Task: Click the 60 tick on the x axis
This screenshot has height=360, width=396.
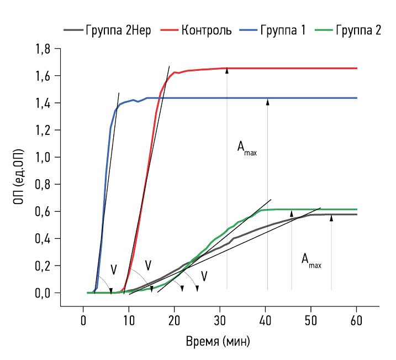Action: coord(356,319)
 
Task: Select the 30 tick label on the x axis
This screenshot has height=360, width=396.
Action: coord(220,319)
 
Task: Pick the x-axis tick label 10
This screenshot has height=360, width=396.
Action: coord(129,319)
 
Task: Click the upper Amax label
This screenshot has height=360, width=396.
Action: coord(246,147)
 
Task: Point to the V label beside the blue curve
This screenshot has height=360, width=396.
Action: coord(113,270)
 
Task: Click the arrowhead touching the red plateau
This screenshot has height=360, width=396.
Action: coord(227,71)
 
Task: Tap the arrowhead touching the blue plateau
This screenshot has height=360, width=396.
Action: coord(267,101)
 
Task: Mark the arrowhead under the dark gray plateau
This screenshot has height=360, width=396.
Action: coord(331,218)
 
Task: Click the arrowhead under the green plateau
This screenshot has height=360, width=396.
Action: coord(292,213)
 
